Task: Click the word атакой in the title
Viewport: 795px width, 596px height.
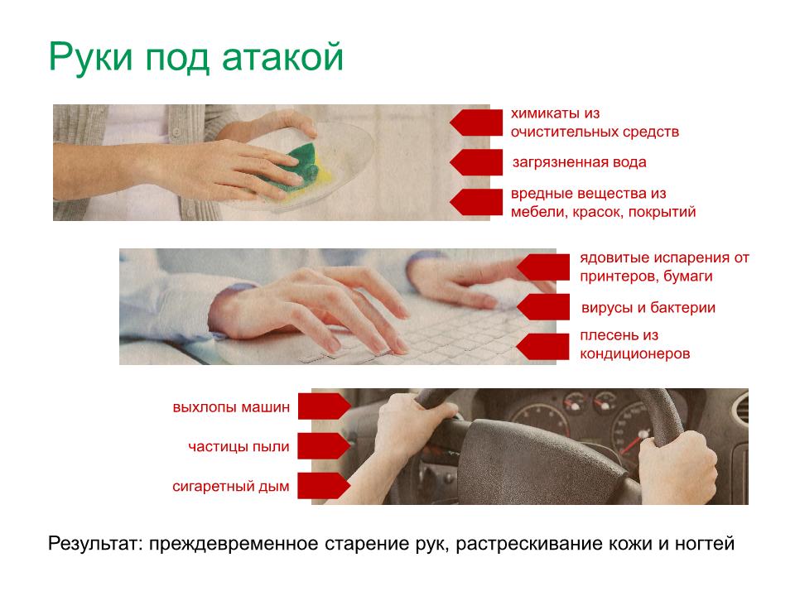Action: click(282, 57)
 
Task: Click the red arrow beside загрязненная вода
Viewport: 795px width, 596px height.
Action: click(476, 162)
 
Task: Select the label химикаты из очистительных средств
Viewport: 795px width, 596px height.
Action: click(595, 123)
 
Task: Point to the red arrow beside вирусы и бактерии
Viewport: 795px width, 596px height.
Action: click(543, 307)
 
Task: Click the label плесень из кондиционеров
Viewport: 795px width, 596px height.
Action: click(635, 344)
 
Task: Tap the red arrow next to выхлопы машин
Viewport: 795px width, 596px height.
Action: click(324, 406)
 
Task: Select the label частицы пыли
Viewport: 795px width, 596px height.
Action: click(238, 446)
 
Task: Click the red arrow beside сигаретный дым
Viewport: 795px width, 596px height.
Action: click(324, 486)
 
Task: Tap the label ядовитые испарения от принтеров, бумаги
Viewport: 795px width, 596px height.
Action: click(664, 267)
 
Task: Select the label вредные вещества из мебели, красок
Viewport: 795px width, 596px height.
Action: click(603, 203)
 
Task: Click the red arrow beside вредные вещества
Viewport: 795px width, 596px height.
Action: click(476, 202)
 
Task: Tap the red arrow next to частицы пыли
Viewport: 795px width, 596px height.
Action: click(324, 446)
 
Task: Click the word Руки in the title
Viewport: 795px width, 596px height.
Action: click(91, 57)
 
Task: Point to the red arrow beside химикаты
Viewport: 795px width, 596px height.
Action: click(476, 123)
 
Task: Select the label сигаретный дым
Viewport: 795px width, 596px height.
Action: click(231, 487)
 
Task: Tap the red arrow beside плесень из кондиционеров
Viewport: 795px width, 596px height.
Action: click(543, 347)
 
